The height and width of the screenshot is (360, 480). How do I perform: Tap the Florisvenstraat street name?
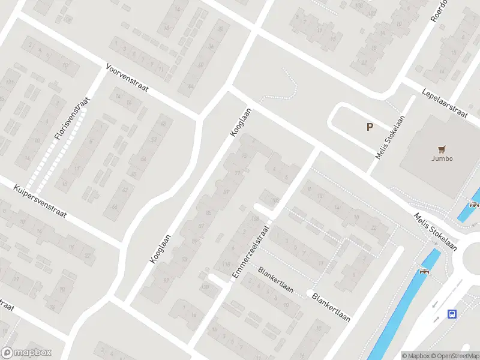[71, 119]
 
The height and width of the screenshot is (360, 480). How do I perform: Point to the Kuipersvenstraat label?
[40, 200]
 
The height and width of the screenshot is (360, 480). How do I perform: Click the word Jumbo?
[442, 159]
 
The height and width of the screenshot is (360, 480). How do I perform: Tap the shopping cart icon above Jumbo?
[442, 149]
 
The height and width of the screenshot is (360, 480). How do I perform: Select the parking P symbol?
[370, 127]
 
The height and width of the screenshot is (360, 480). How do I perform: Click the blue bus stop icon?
[452, 314]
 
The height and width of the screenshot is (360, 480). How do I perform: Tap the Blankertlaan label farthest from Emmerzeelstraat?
[331, 306]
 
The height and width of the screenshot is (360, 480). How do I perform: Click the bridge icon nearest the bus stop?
[425, 271]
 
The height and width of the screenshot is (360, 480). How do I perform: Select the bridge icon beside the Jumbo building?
[474, 205]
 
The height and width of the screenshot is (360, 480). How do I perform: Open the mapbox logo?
[26, 353]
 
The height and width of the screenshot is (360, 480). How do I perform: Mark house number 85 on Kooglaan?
[209, 213]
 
